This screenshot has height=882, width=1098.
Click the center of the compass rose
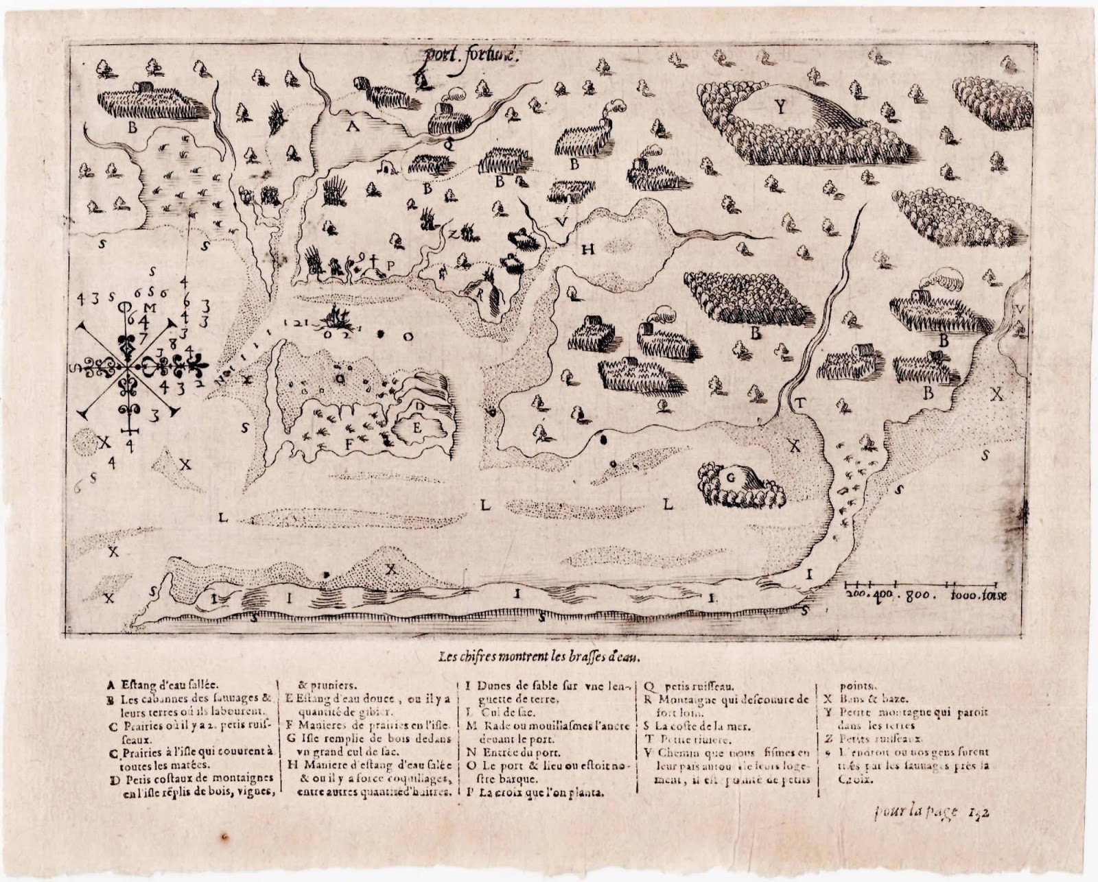[x=128, y=367]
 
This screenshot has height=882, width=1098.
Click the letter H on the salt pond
[x=587, y=250]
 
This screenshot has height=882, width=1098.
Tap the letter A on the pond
[x=352, y=126]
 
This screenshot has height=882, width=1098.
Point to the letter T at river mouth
[x=800, y=403]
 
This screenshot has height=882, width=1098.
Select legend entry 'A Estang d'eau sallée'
[x=161, y=684]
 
